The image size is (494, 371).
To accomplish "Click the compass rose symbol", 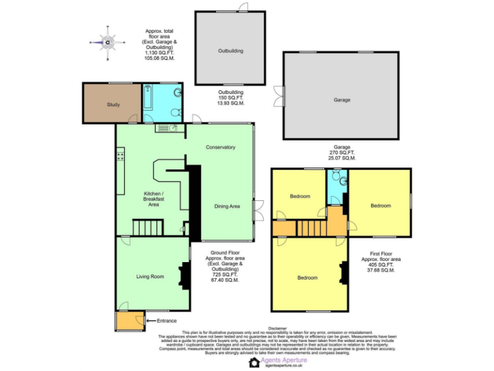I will (108, 43).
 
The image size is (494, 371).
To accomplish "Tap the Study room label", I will (113, 104).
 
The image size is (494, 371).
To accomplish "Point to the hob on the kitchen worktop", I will (120, 156).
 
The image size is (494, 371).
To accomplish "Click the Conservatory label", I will (220, 147).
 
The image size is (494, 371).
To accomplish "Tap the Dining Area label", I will (226, 206).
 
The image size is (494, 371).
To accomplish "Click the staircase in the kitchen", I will (148, 227).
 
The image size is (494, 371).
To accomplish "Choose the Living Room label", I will (150, 276).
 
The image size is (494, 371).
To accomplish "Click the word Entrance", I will (167, 321).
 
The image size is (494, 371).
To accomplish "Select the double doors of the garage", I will (278, 97).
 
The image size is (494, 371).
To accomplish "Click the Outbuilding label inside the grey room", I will (230, 50).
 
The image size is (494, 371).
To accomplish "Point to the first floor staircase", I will (309, 227).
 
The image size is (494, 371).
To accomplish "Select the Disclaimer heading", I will (278, 327).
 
